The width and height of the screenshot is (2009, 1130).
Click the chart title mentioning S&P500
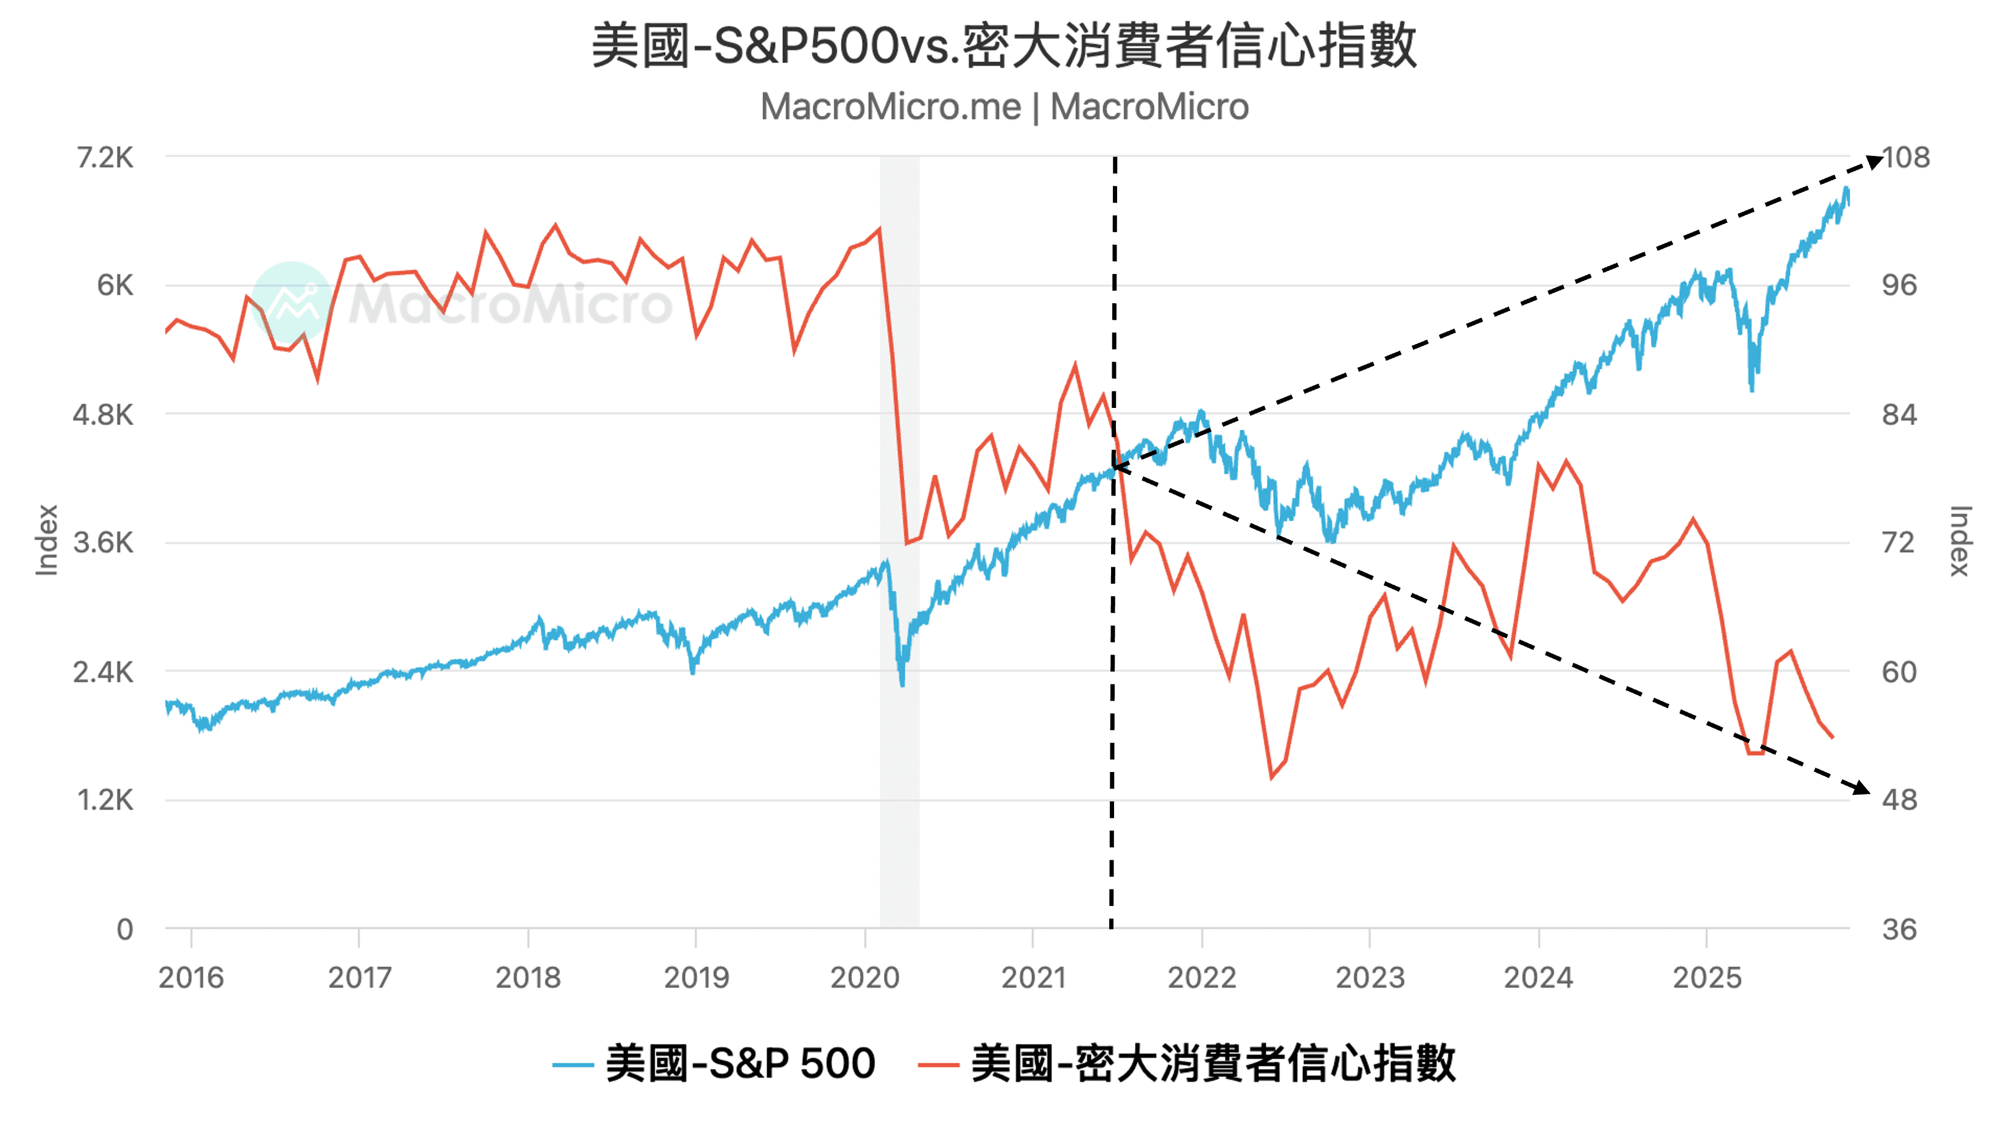click(x=1004, y=45)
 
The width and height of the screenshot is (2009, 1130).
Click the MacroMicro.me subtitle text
click(x=1004, y=107)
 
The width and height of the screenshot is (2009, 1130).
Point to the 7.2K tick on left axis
click(x=105, y=158)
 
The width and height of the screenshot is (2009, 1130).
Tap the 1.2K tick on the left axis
click(x=105, y=800)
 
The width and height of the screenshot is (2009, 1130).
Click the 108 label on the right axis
click(x=1906, y=158)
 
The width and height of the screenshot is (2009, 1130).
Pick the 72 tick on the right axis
click(x=1898, y=542)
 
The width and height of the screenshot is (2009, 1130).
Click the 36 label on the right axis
click(x=1898, y=930)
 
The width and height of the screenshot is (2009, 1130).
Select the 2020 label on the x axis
click(x=864, y=978)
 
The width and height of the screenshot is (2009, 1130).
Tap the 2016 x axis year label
click(x=191, y=978)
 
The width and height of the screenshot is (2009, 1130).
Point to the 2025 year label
click(x=1706, y=978)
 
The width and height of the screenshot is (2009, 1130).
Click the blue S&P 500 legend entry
click(x=713, y=1064)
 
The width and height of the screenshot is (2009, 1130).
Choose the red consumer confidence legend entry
click(x=1186, y=1064)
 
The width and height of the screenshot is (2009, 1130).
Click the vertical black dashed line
click(x=1113, y=702)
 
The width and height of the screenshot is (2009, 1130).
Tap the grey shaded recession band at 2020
click(x=899, y=780)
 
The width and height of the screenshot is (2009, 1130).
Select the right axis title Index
click(x=1960, y=541)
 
